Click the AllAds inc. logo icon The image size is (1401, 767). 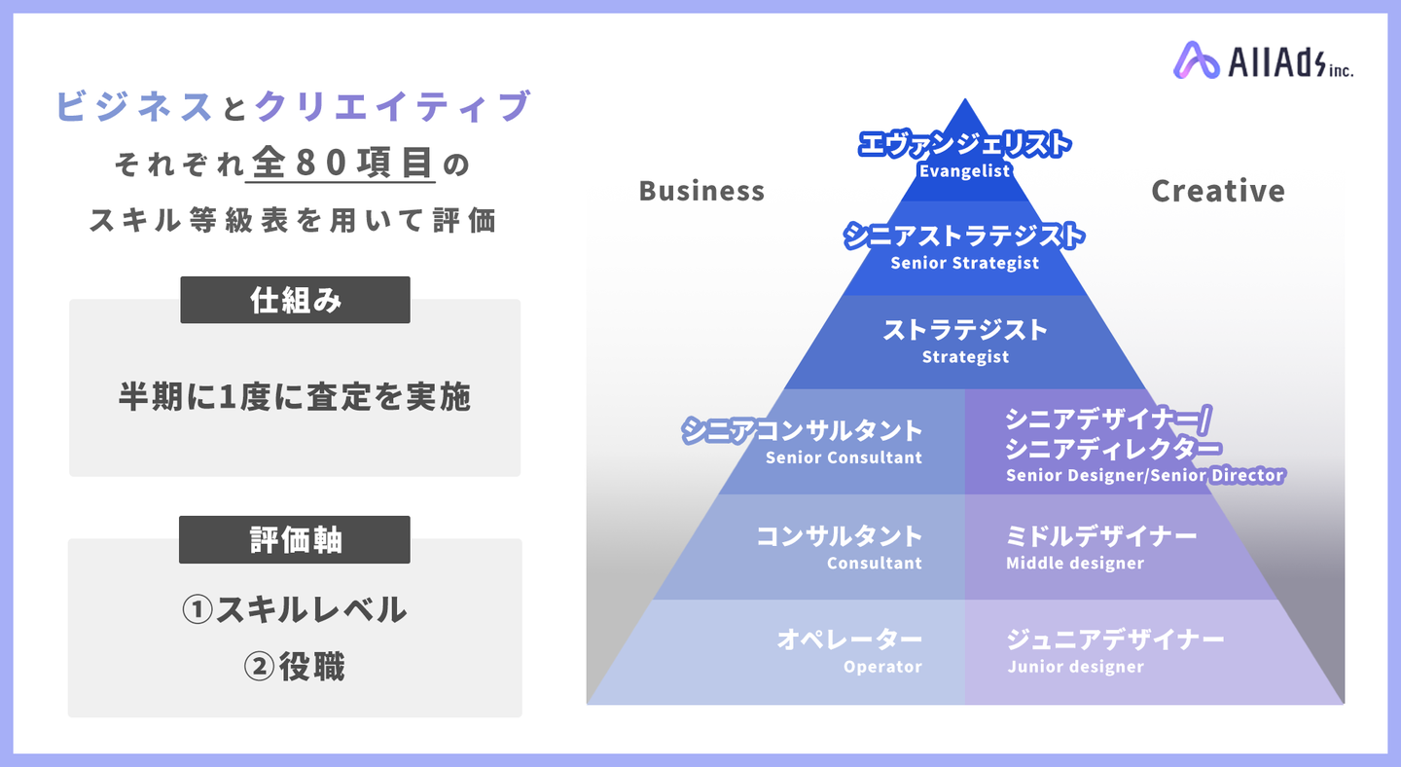pos(1196,60)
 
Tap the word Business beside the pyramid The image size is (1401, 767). pos(701,191)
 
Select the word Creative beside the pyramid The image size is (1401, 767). pos(1218,191)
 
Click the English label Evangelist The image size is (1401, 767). pos(964,170)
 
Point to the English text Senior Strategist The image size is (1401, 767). pos(964,263)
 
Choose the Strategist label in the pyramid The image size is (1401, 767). pos(965,356)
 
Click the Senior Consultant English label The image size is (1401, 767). pos(844,457)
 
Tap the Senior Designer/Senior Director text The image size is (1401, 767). pos(1144,475)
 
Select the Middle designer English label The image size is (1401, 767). pos(1075,563)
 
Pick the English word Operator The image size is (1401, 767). pos(882,667)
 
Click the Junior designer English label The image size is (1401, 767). pos(1076,667)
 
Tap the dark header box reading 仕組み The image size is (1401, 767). pos(295,301)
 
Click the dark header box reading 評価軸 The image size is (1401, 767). pos(295,540)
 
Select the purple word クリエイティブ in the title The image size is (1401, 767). pos(393,106)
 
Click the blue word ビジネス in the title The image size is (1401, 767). pos(135,106)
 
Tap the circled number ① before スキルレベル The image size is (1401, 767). pos(198,609)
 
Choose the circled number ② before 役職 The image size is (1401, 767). pos(259,667)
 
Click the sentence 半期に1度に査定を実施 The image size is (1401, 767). pos(295,396)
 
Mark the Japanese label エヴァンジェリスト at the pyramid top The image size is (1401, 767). pos(964,144)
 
